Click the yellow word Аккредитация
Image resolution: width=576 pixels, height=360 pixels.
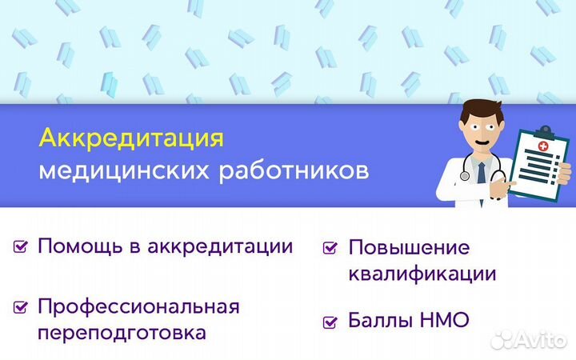coord(131,138)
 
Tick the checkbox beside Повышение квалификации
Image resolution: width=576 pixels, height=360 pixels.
coord(330,249)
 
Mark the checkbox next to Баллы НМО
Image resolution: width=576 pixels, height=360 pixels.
coord(330,322)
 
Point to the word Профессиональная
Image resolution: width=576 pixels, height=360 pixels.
coord(138,306)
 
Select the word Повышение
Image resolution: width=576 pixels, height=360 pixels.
coord(409,247)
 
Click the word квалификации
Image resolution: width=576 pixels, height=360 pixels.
coord(422,274)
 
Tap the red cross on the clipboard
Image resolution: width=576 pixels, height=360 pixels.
coord(544,147)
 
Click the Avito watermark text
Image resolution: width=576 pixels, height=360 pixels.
coord(539,339)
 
